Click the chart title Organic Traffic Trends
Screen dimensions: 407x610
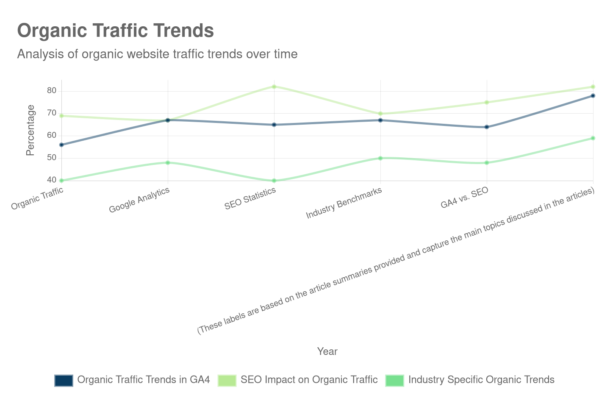click(x=115, y=31)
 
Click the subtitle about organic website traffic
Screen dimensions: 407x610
click(x=157, y=54)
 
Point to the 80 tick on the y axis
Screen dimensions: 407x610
click(x=52, y=90)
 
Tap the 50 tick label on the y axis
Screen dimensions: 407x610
click(x=52, y=157)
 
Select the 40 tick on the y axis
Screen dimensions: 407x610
click(x=52, y=180)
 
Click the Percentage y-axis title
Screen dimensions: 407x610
click(x=30, y=130)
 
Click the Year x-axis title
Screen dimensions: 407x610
click(x=327, y=351)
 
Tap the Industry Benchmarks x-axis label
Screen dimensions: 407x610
click(x=344, y=203)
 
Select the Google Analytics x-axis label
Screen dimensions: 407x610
click(x=139, y=200)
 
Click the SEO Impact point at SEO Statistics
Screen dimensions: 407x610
click(x=274, y=86)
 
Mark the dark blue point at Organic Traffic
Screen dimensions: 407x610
click(x=61, y=145)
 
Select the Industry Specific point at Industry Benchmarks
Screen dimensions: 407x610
click(x=380, y=158)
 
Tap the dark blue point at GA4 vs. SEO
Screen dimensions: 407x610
click(x=487, y=127)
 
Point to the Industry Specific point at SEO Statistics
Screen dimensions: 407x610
click(x=274, y=181)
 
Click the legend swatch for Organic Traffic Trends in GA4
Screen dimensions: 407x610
click(x=64, y=380)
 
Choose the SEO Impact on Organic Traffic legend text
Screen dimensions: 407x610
click(x=309, y=380)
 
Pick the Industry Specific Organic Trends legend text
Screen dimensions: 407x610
click(x=481, y=380)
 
